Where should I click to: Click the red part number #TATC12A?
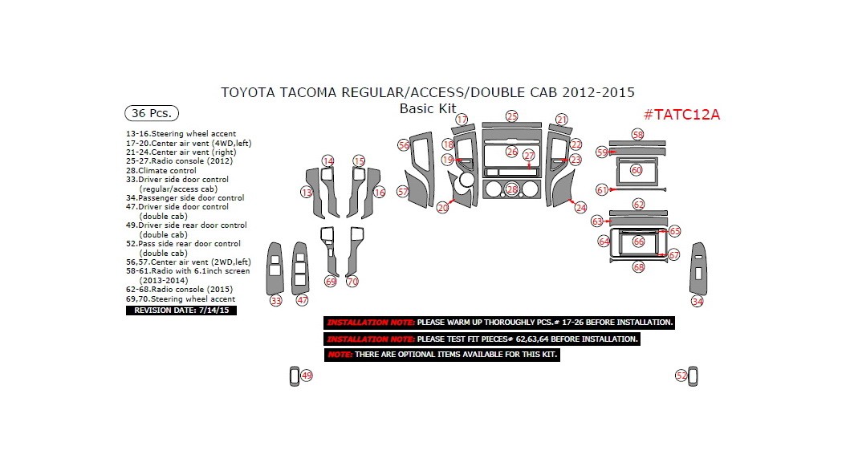[681, 114]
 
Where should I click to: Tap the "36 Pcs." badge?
[152, 113]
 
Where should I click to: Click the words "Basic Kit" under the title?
[428, 108]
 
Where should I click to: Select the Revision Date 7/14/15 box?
[182, 310]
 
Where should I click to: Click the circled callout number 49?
[306, 376]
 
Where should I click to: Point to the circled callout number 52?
[681, 376]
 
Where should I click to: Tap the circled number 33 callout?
[276, 300]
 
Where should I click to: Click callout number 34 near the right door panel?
[698, 301]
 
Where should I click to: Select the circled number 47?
[302, 300]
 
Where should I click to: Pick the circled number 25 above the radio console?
[511, 116]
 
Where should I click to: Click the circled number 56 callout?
[404, 145]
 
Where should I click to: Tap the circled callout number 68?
[638, 266]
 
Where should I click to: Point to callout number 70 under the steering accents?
[352, 282]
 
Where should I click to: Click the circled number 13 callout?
[307, 193]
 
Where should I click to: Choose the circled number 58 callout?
[638, 135]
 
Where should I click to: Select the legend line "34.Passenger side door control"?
[185, 197]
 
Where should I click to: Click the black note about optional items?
[441, 354]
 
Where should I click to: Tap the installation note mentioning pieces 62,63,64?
[482, 339]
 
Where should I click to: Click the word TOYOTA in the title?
[248, 92]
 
